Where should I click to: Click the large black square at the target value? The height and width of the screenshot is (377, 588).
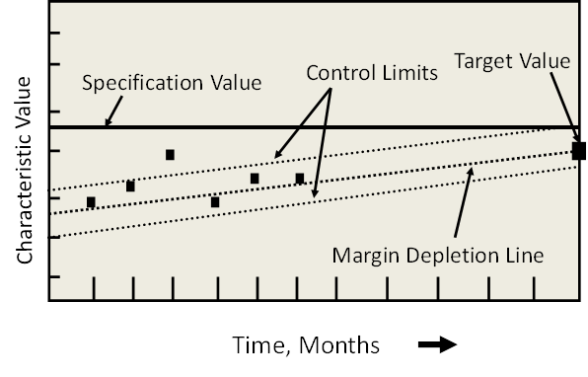pos(579,151)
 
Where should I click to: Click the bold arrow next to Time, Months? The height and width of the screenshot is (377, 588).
pos(437,345)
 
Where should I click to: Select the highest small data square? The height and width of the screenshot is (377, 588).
pos(170,155)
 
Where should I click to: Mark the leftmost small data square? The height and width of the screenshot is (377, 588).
pos(91,202)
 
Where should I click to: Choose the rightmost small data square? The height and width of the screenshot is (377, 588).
pos(300,179)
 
